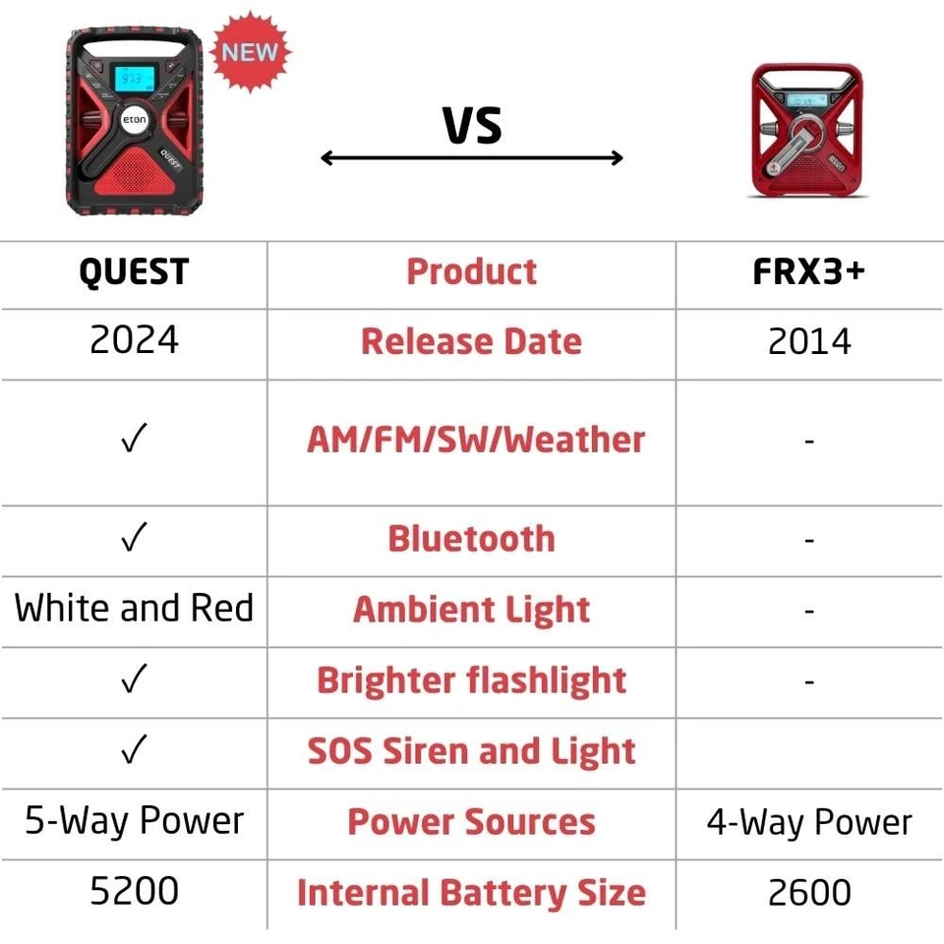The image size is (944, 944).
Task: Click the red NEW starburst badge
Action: (x=251, y=52)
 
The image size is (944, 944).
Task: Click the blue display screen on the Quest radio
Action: (x=134, y=79)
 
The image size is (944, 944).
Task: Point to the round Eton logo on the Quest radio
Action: (x=135, y=119)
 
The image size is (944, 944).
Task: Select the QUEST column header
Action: (x=135, y=272)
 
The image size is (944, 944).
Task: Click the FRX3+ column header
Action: (x=809, y=271)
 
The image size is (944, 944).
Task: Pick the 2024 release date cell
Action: (x=135, y=339)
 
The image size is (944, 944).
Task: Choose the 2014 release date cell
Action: (x=809, y=341)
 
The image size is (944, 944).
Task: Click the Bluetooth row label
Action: (x=471, y=538)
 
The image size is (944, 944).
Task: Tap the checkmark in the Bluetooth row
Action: (x=134, y=537)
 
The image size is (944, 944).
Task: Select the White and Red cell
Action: (x=134, y=608)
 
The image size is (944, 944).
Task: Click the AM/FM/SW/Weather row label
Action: (x=476, y=440)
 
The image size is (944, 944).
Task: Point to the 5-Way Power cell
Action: (x=135, y=821)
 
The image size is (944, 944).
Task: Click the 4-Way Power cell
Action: (x=809, y=823)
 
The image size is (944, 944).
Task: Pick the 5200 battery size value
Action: (x=135, y=891)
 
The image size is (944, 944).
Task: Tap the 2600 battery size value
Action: (x=809, y=892)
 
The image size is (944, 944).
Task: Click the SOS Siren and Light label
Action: (x=471, y=750)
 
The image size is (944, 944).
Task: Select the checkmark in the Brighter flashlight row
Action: (x=134, y=678)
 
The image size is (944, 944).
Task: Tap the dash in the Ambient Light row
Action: (x=809, y=612)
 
